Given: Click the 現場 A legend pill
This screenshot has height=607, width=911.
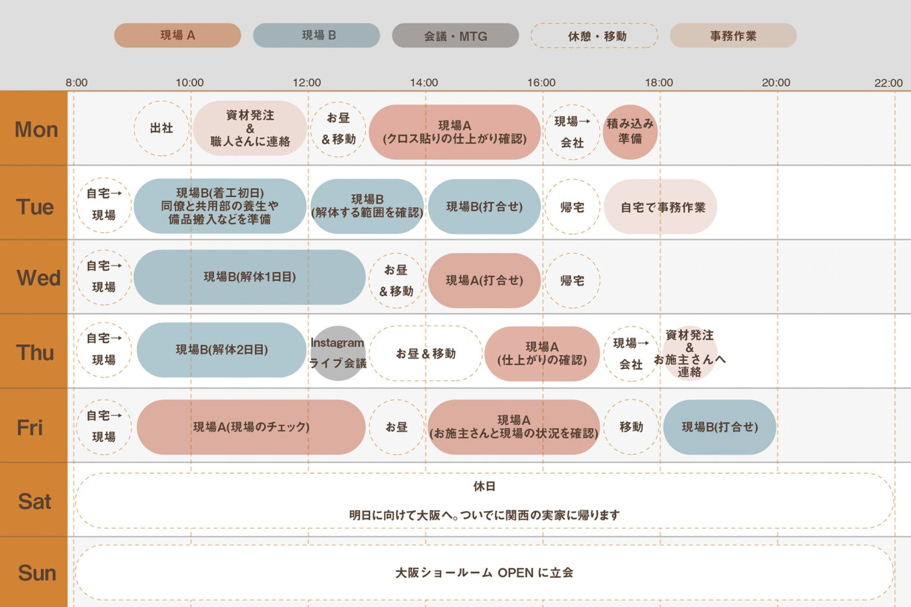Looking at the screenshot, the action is (177, 35).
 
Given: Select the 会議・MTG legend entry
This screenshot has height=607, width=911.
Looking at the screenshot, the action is (455, 35).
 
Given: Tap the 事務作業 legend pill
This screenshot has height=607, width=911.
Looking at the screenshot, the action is (733, 35).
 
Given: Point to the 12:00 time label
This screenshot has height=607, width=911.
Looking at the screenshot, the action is (306, 83).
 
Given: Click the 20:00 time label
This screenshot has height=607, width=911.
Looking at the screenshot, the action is (776, 83).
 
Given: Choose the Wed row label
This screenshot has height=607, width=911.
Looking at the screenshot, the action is (38, 278).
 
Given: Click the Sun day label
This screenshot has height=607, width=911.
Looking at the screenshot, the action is (36, 573).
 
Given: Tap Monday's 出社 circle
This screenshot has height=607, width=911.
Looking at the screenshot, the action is (161, 128).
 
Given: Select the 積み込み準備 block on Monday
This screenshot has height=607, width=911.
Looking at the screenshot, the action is (630, 131).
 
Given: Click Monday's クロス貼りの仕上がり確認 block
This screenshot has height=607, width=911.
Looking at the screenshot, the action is (455, 131).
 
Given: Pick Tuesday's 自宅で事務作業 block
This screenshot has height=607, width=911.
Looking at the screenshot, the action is (660, 206).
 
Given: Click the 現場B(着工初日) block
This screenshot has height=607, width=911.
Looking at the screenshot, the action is (220, 206).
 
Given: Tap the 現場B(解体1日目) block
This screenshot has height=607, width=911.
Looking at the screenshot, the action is (250, 277).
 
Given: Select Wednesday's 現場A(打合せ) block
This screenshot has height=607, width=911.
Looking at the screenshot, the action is (484, 280).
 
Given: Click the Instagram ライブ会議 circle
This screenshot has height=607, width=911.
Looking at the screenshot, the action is (338, 353).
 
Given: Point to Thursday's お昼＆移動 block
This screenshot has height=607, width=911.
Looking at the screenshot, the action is (426, 353).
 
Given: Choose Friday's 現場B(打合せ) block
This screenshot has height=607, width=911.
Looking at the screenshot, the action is (720, 427).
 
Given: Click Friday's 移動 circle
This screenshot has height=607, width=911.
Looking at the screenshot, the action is (631, 427).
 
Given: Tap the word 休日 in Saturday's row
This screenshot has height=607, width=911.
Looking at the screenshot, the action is (484, 486).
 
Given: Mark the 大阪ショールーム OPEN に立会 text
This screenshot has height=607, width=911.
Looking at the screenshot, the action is (484, 573).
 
